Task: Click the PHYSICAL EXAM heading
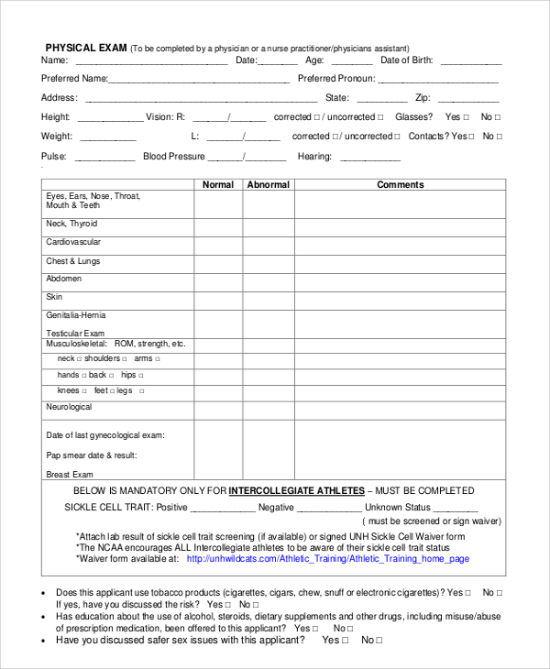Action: [x=86, y=48]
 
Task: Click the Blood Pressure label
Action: [x=174, y=157]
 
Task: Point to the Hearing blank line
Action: [x=364, y=159]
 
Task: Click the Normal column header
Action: [x=218, y=184]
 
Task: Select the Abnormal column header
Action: [x=268, y=184]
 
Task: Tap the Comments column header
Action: [x=401, y=184]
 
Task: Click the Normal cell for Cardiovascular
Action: [x=218, y=245]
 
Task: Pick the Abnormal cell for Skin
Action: [x=268, y=300]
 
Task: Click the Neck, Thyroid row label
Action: [x=71, y=224]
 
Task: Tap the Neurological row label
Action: [x=69, y=406]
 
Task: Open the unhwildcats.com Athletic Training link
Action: [x=328, y=558]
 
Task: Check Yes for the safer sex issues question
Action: [x=345, y=641]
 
